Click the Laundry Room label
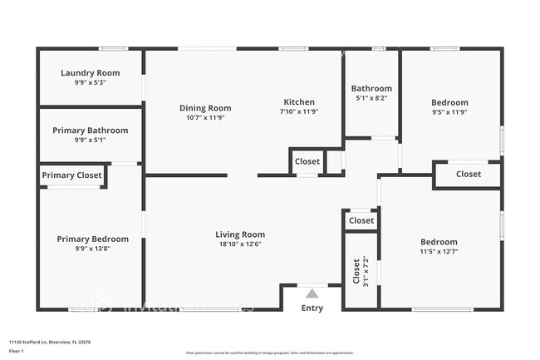(90, 73)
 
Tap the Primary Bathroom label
(90, 131)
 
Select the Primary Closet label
(72, 175)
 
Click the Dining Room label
(205, 108)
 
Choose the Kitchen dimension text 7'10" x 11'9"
(299, 111)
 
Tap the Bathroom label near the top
(371, 88)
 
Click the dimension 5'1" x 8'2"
(371, 98)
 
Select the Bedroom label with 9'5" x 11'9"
(449, 102)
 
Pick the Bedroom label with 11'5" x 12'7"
(439, 242)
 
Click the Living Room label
(240, 234)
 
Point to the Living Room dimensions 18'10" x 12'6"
(240, 244)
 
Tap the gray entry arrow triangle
(312, 293)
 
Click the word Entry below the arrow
(312, 308)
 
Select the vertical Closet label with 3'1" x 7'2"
(356, 271)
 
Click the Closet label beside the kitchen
(307, 161)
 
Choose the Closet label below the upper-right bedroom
(468, 174)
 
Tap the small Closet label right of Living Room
(361, 220)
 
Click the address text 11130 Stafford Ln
(50, 342)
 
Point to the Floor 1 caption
(18, 350)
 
